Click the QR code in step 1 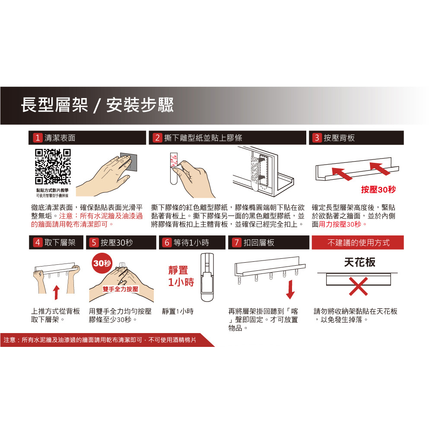click(53, 167)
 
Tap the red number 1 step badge click(38, 138)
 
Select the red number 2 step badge click(157, 138)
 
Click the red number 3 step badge click(317, 138)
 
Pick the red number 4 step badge click(38, 242)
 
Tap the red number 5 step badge click(94, 242)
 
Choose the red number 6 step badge click(167, 242)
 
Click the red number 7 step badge click(236, 242)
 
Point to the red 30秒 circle click(102, 263)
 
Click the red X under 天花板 click(359, 286)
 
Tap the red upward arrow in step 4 click(56, 292)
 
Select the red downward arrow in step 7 click(290, 289)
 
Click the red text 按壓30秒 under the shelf click(378, 190)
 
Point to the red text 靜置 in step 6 click(178, 270)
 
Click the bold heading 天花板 click(359, 262)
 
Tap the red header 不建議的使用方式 click(358, 242)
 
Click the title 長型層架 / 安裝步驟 click(97, 105)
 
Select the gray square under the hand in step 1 click(129, 162)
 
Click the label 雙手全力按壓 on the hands click(121, 289)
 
